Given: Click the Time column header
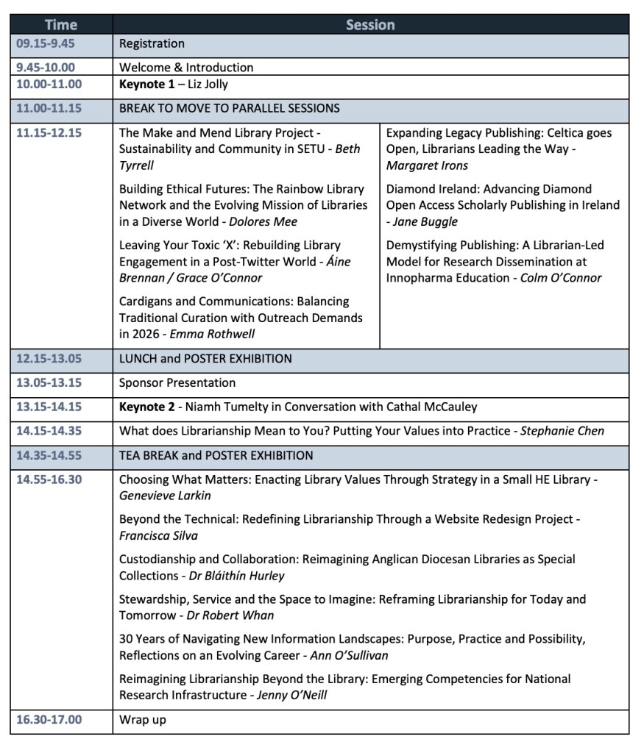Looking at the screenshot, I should point(60,25).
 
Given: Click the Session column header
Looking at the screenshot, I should point(370,25).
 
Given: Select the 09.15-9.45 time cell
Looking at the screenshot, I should point(46,43).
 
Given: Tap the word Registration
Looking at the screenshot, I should point(152,43).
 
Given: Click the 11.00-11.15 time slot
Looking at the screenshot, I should point(49,108).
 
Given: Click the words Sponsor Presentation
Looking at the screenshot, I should point(177,382).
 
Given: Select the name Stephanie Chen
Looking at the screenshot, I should point(562,431).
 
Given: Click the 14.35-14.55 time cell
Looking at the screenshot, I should point(49,455).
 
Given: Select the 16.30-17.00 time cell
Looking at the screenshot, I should point(49,719).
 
